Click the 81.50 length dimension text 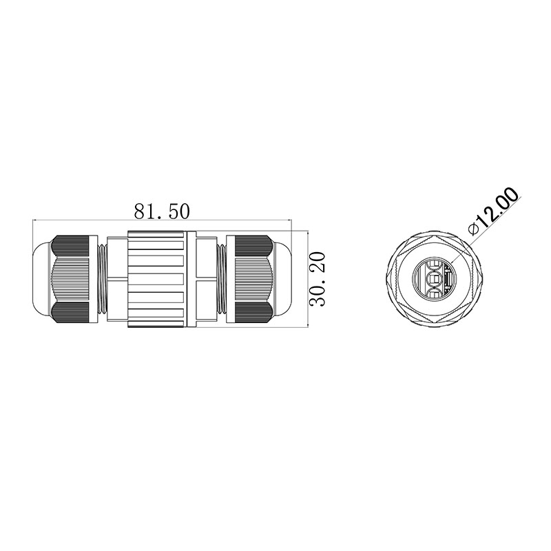pyautogui.click(x=162, y=211)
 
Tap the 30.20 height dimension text pyautogui.click(x=318, y=280)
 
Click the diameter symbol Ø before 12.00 pyautogui.click(x=474, y=229)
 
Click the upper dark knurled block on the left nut pyautogui.click(x=70, y=246)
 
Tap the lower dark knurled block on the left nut pyautogui.click(x=70, y=313)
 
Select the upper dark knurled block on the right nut pyautogui.click(x=253, y=246)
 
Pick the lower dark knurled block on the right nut pyautogui.click(x=253, y=313)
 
